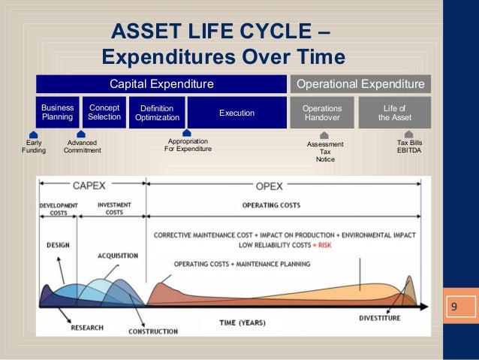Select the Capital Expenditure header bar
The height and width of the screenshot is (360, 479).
[x=162, y=83]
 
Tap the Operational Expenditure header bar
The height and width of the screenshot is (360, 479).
[x=361, y=83]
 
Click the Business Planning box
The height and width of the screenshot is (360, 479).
[x=57, y=113]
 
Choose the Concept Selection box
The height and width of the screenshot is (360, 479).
[x=104, y=113]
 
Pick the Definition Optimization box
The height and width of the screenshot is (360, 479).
[x=157, y=113]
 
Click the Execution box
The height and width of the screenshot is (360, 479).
[x=236, y=113]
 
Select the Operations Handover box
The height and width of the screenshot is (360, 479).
[x=322, y=113]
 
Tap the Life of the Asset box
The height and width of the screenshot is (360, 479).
[x=394, y=113]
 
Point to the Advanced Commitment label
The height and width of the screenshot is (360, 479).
[x=82, y=147]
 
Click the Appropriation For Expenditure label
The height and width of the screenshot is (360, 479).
[x=188, y=146]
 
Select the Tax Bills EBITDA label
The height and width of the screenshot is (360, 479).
[x=408, y=146]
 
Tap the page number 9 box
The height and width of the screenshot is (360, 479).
[x=454, y=307]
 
